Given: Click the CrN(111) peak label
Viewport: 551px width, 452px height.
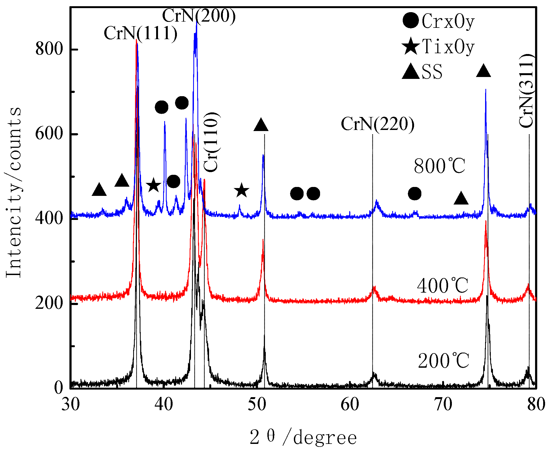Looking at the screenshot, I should [x=140, y=34].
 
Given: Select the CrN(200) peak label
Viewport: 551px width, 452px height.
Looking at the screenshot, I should [x=199, y=16].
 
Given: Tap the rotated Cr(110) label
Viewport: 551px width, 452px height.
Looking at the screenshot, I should [x=211, y=142].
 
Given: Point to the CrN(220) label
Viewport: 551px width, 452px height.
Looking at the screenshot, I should [x=377, y=124].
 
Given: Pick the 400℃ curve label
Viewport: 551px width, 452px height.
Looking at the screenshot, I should [x=442, y=286].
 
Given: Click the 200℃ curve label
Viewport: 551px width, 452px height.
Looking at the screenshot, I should [x=444, y=361].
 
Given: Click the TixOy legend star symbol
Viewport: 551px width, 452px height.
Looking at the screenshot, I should [x=411, y=46].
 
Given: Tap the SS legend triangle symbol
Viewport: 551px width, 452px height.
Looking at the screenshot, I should [x=411, y=72].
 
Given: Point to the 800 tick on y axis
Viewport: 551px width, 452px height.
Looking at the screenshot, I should [x=49, y=49].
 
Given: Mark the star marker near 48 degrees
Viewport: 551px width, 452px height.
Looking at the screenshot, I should [x=241, y=190].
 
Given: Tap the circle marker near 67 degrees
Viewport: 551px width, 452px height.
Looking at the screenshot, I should [x=414, y=193].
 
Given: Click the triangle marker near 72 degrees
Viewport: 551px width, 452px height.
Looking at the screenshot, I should [x=461, y=199].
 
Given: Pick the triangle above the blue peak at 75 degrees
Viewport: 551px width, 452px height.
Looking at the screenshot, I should [x=483, y=71].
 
